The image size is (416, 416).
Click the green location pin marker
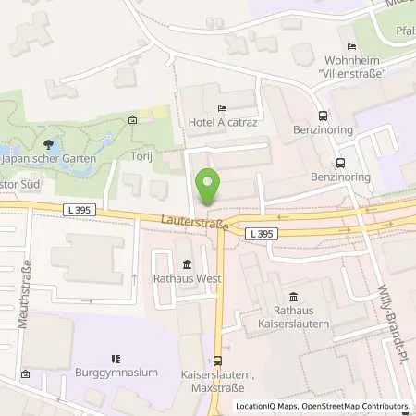coord(209,188)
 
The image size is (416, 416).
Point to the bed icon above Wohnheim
coord(350,47)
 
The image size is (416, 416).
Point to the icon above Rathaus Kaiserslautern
coord(293,297)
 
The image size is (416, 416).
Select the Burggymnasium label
coord(116,373)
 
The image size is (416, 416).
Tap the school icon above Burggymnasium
coord(116,358)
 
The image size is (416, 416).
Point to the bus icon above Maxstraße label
coord(218,361)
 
